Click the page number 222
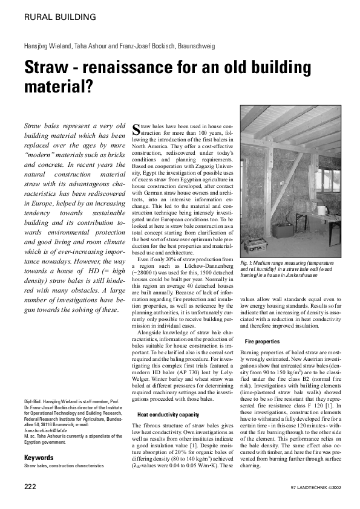coord(30,487)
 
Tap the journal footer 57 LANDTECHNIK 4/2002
coord(313,487)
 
